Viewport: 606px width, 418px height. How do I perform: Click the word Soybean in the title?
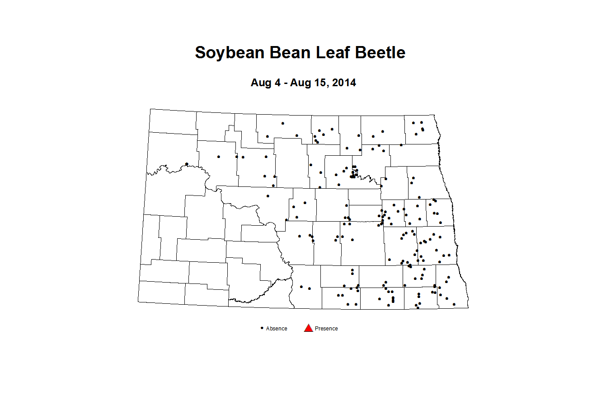230,53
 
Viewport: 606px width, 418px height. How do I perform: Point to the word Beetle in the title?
380,53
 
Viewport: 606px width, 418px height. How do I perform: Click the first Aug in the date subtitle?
261,83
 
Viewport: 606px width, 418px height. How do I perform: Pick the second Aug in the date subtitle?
300,83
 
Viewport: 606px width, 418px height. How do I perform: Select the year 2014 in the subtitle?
344,83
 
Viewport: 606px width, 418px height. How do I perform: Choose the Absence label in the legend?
277,329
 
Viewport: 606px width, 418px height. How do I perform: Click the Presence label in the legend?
326,329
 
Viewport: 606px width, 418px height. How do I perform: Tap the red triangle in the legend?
309,328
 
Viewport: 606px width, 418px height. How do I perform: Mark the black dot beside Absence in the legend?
262,328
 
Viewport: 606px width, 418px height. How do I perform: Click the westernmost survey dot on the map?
187,164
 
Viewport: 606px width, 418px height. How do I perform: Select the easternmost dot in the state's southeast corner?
454,304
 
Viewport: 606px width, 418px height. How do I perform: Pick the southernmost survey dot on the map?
418,308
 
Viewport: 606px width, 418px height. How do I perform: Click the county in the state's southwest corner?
161,293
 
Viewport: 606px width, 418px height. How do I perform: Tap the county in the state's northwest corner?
173,121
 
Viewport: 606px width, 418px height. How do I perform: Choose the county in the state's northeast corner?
421,130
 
